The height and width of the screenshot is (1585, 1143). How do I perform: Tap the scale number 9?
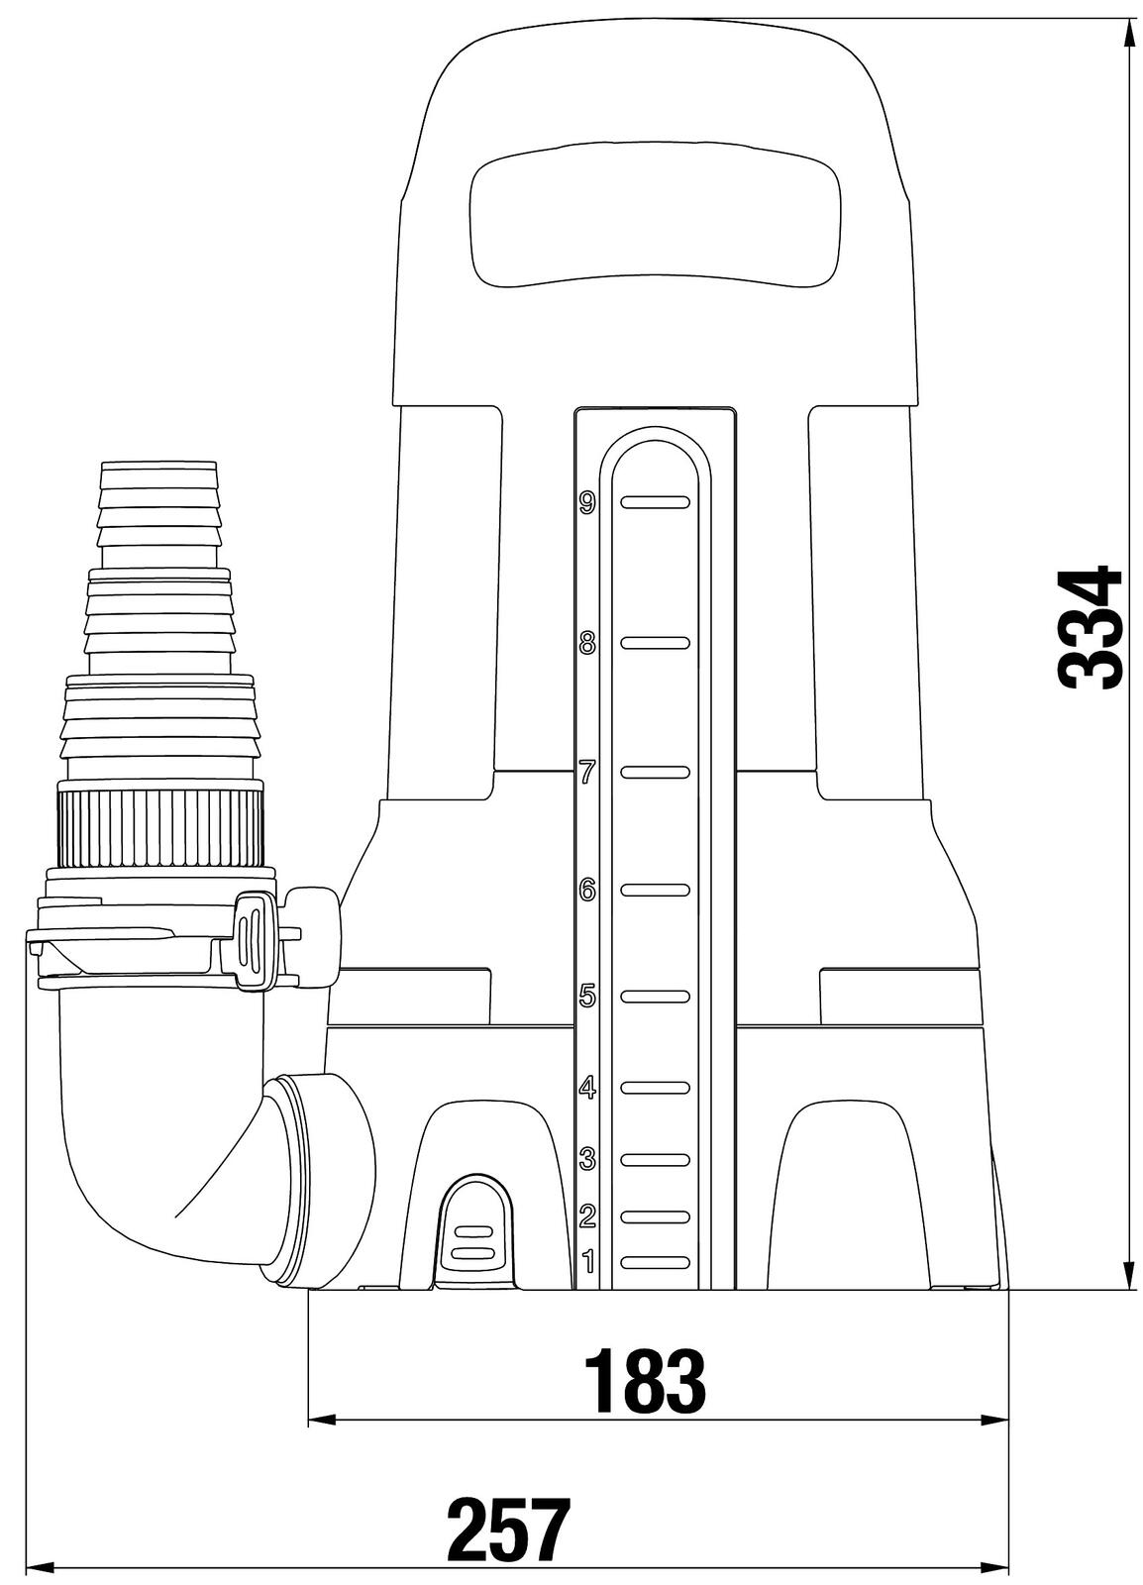tap(587, 502)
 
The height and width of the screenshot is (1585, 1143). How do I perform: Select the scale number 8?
tap(587, 643)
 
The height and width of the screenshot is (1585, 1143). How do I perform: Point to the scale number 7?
tap(587, 773)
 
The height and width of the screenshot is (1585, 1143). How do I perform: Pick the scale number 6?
tap(587, 891)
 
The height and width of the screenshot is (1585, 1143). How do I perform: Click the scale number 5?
tap(587, 997)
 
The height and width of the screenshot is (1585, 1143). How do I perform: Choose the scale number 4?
tap(587, 1088)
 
